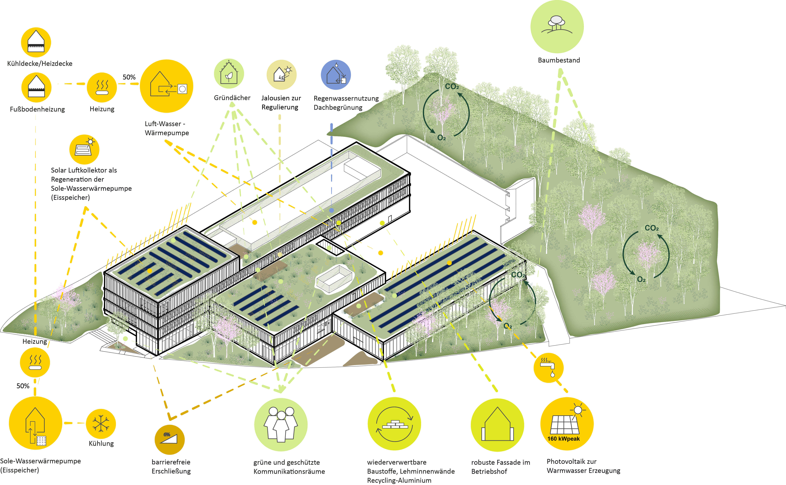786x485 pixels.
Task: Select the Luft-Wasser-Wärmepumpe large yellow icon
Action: [166, 86]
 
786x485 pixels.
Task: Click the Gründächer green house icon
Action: [229, 74]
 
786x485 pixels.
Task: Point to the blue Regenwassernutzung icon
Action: [336, 75]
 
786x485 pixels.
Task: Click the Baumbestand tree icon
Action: [557, 27]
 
